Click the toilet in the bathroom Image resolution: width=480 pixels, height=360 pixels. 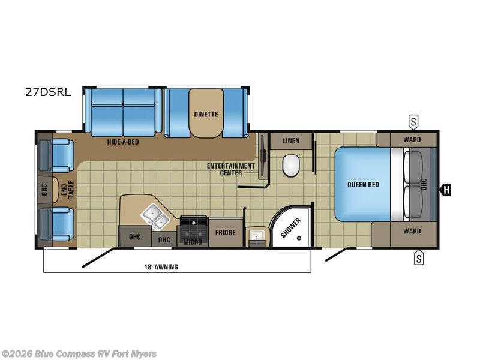pyautogui.click(x=291, y=165)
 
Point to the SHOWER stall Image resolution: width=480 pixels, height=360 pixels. pyautogui.click(x=291, y=227)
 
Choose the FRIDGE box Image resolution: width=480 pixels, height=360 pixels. pyautogui.click(x=226, y=233)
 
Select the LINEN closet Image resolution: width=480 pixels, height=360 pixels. pyautogui.click(x=291, y=141)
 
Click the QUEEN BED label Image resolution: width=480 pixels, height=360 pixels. pyautogui.click(x=363, y=185)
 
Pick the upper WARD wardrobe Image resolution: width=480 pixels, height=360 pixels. pyautogui.click(x=412, y=140)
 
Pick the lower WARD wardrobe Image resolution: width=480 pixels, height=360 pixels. pyautogui.click(x=412, y=231)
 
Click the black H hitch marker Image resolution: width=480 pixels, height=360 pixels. pyautogui.click(x=445, y=190)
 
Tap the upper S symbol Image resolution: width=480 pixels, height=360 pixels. pyautogui.click(x=413, y=122)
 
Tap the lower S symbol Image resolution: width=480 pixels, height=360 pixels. pyautogui.click(x=418, y=259)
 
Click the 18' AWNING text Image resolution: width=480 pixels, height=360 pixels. pyautogui.click(x=161, y=266)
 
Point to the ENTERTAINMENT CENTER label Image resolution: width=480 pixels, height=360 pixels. pyautogui.click(x=231, y=169)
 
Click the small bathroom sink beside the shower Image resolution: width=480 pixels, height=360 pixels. pyautogui.click(x=256, y=236)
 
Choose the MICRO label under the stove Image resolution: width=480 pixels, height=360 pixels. pyautogui.click(x=193, y=241)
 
